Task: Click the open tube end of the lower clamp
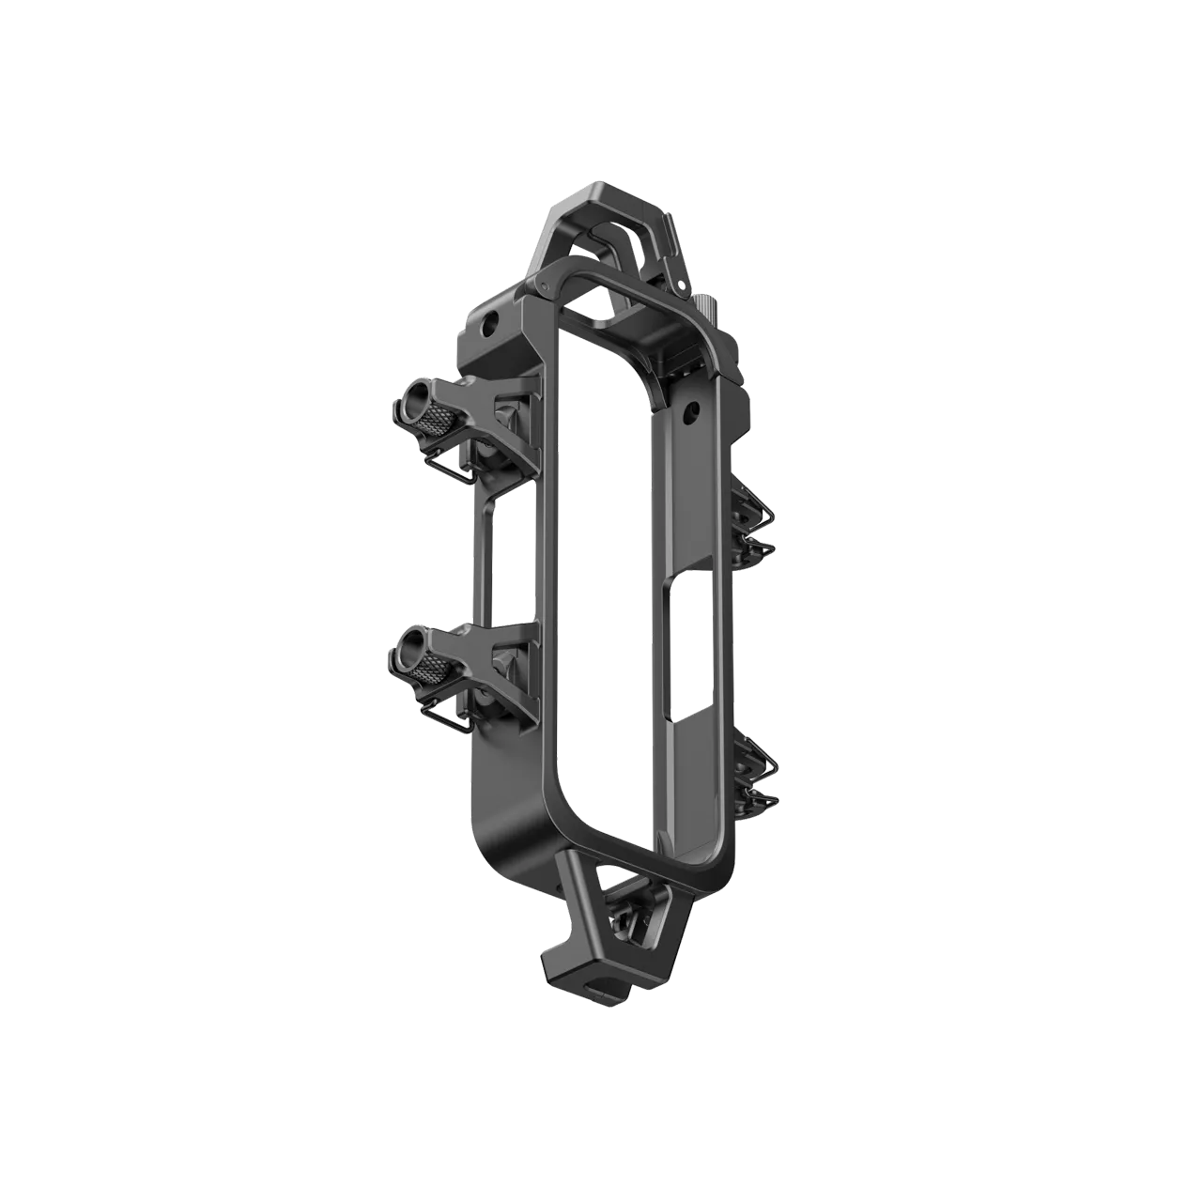(409, 647)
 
